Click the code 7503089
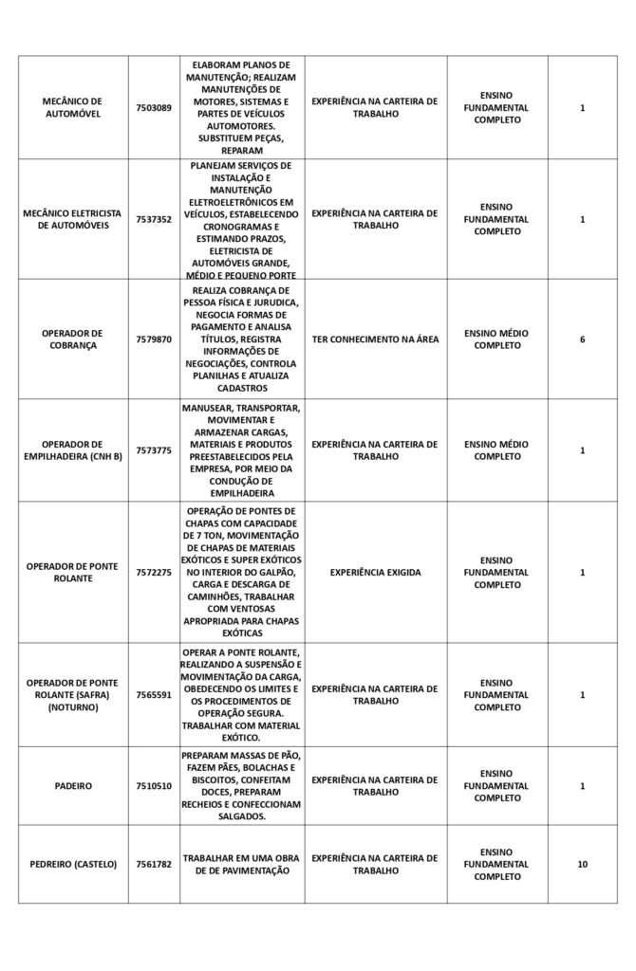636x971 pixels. click(154, 107)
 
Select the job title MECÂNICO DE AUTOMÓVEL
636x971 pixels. click(73, 107)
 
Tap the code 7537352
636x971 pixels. click(154, 219)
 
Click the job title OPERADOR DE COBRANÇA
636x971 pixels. click(73, 339)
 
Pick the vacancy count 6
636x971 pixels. click(582, 339)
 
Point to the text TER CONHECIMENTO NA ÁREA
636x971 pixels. click(375, 339)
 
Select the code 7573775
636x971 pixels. click(154, 450)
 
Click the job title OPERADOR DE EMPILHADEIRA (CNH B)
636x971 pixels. click(73, 450)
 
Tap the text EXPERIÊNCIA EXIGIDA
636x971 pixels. click(375, 572)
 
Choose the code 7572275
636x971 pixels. click(154, 572)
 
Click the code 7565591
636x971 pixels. click(154, 694)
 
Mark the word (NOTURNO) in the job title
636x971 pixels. click(73, 707)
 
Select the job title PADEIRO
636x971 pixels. click(73, 785)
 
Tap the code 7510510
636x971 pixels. click(154, 785)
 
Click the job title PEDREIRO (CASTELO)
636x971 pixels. click(73, 864)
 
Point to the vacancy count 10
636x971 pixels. click(582, 864)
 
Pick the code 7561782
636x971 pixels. click(154, 864)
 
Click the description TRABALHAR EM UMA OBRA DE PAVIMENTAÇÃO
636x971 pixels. click(241, 864)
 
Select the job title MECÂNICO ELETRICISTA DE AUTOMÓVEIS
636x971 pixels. click(73, 219)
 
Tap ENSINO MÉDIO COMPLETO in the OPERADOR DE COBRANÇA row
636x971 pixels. click(497, 339)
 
